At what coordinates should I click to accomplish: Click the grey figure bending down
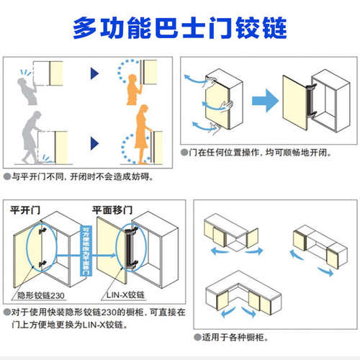[25, 137]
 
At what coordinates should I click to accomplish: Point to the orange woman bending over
[140, 137]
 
